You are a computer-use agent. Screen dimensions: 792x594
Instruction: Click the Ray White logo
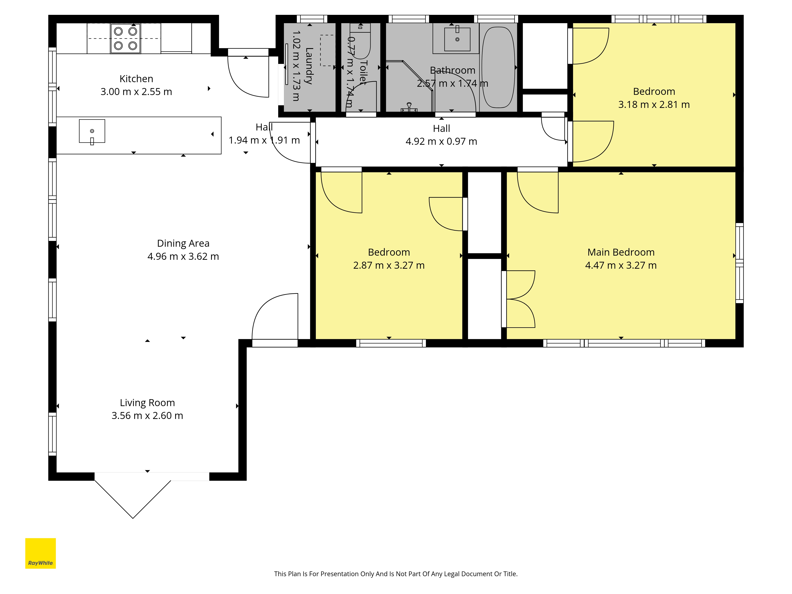click(40, 553)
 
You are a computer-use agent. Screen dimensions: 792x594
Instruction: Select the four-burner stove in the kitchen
click(125, 38)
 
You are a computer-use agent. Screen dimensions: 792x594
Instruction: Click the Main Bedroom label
click(621, 252)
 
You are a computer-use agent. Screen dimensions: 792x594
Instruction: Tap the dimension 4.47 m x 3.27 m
click(621, 265)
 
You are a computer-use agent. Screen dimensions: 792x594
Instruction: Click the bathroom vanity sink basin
click(457, 39)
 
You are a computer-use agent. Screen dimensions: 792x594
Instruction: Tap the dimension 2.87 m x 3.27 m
click(389, 265)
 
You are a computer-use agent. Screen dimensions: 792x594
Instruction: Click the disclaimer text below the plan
click(396, 574)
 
